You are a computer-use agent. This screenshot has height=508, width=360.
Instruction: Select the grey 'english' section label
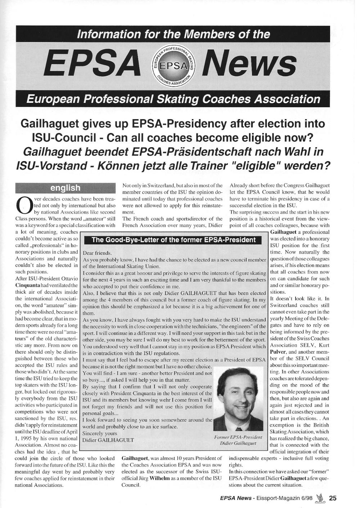pyautogui.click(x=65, y=188)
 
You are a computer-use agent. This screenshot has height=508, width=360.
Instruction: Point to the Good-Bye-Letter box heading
pyautogui.click(x=174, y=240)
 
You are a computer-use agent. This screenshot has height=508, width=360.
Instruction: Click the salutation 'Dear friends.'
pyautogui.click(x=97, y=253)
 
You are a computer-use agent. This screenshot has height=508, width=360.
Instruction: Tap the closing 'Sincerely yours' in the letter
pyautogui.click(x=100, y=433)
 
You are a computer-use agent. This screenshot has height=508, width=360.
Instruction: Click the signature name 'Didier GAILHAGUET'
pyautogui.click(x=108, y=440)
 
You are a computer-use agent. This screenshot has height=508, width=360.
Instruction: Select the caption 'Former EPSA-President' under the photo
pyautogui.click(x=238, y=437)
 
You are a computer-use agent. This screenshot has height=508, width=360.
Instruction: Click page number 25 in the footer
pyautogui.click(x=333, y=498)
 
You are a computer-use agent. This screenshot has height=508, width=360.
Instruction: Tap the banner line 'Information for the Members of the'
pyautogui.click(x=174, y=34)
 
